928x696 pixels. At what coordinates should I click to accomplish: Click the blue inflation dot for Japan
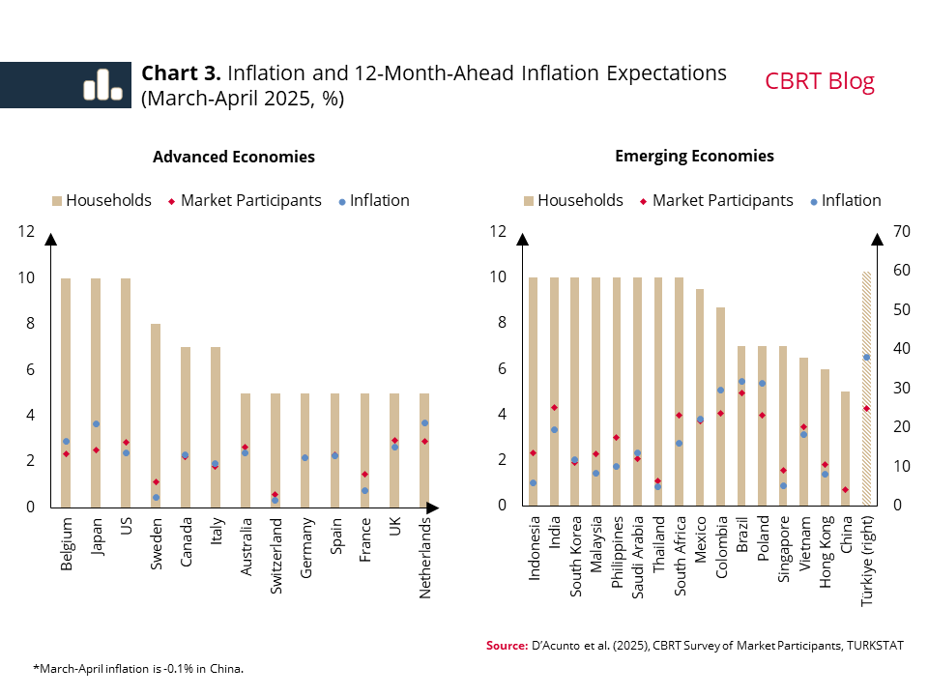pos(96,423)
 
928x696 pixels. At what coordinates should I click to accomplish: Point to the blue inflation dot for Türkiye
pos(866,357)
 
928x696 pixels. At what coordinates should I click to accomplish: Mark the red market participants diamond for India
pos(554,407)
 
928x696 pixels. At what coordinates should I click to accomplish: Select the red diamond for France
pos(365,474)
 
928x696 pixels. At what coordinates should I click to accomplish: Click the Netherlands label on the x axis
pos(425,557)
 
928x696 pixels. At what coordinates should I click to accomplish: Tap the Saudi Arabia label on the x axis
pos(637,562)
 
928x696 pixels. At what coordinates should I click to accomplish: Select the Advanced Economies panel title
pos(234,157)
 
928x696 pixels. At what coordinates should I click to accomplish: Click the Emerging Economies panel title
pos(694,156)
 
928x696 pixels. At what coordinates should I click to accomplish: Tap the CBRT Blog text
pos(819,81)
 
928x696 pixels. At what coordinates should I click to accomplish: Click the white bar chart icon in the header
pos(102,85)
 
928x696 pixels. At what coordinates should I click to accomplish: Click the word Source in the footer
pos(506,645)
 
